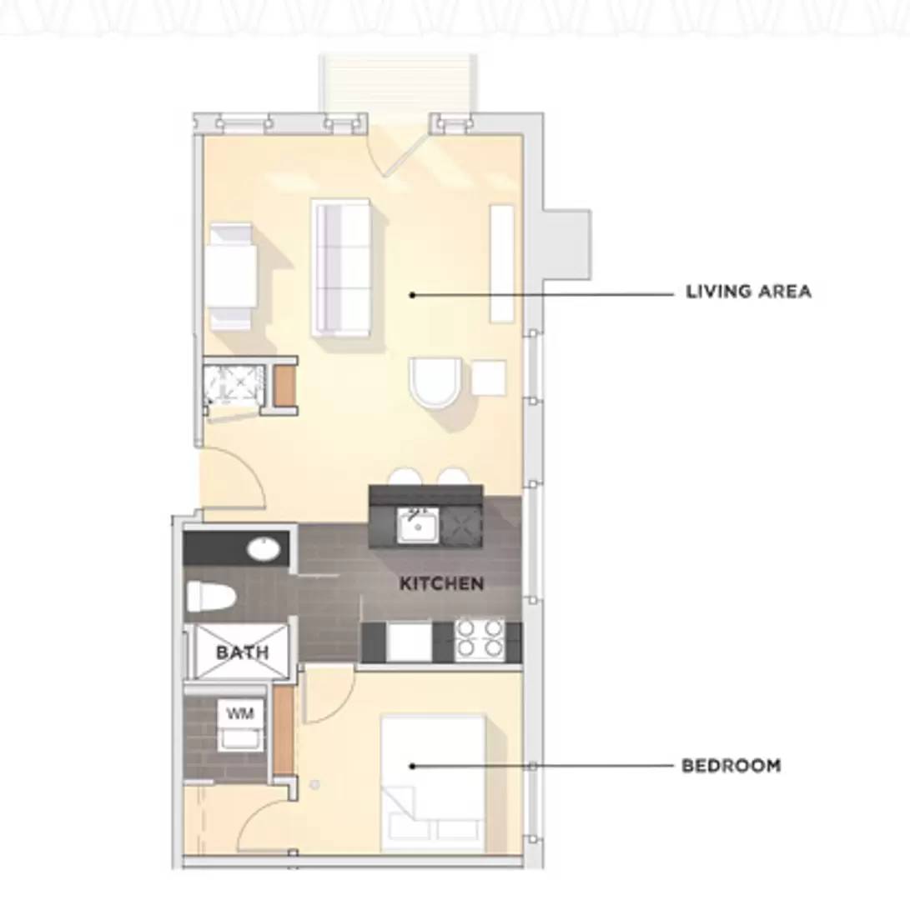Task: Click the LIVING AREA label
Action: [748, 291]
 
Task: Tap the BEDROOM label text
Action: [732, 766]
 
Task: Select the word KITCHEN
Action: [441, 583]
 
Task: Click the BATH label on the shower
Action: [243, 652]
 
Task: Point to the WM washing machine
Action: [240, 725]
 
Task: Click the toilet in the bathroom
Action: [211, 597]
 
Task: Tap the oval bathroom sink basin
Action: [264, 549]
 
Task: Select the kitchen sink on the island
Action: [417, 525]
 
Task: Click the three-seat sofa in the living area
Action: [340, 267]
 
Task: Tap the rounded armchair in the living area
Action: [435, 382]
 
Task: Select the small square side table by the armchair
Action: [488, 377]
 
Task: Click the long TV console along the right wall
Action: [502, 263]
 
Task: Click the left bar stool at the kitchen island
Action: [407, 477]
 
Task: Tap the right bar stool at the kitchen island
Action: [453, 477]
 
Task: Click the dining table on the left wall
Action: [231, 277]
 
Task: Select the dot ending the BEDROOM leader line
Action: [413, 766]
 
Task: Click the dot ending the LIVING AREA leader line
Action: [413, 295]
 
